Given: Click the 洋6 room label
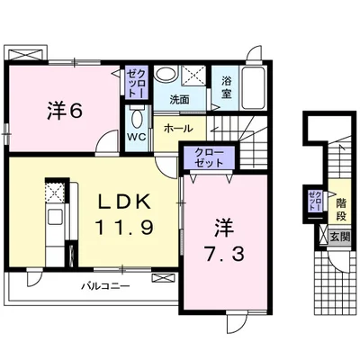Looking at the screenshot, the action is coord(65,111).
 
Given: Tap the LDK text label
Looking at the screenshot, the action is coord(124,203).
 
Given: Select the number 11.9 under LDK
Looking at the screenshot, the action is coord(124,227).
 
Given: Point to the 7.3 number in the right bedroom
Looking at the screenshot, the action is coord(224,255).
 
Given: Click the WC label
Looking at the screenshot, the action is coord(136,138).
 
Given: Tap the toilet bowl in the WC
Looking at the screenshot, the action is coord(137,119).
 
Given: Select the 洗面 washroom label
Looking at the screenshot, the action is coord(179,99).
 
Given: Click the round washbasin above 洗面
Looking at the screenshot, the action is coord(166,74).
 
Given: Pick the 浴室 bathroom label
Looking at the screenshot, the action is coord(227,86).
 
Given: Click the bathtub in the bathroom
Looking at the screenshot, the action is coord(254,88).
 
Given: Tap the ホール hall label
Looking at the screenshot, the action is coord(178,129).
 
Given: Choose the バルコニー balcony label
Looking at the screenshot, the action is coord(106,286).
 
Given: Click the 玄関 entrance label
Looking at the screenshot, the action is coord(340,238).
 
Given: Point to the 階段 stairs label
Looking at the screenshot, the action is coord(341,210).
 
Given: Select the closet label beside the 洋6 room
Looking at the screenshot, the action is coord(137,82).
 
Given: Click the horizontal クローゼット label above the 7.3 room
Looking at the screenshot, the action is coord(209,157).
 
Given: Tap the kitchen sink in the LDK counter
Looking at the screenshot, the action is coord(54,216).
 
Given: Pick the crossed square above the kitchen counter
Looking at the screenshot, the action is coord(54,192).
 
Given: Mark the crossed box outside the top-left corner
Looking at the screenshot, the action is coord(25,55).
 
